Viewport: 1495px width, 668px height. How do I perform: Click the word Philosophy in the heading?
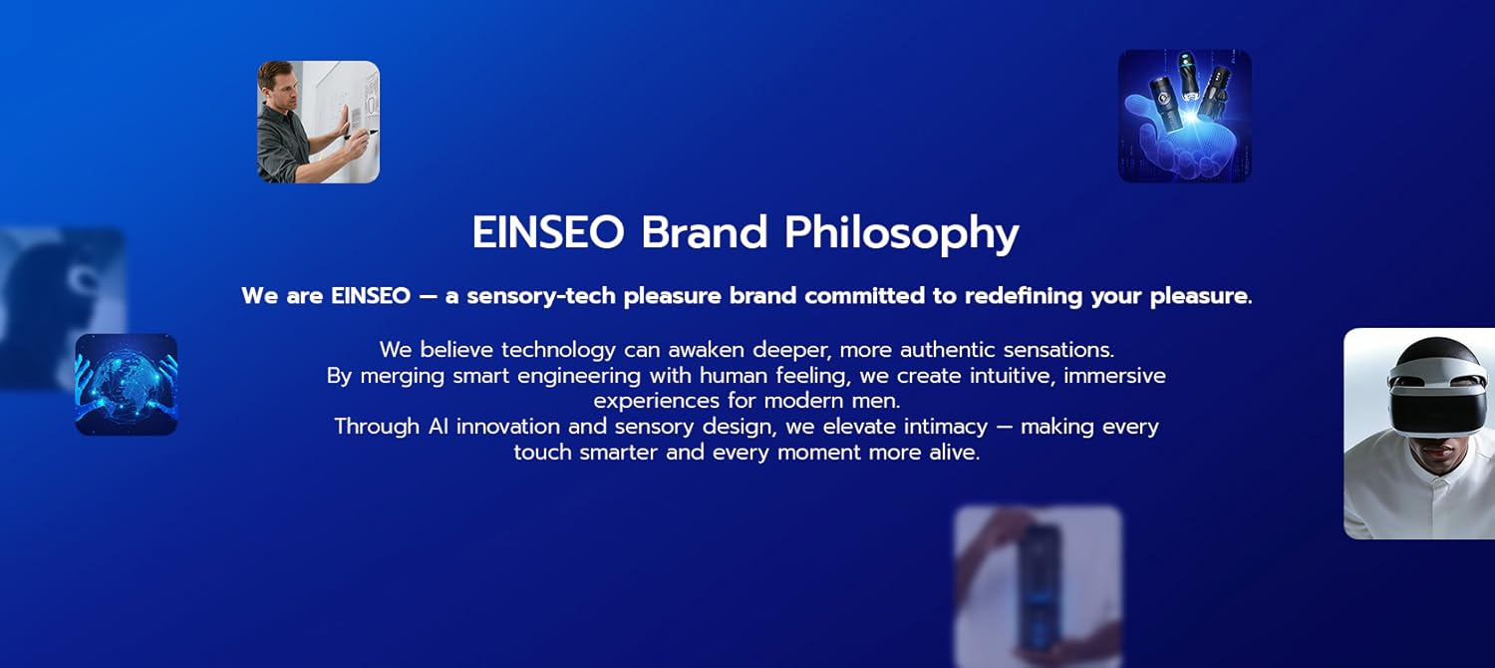point(901,234)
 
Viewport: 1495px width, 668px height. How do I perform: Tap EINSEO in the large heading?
point(547,232)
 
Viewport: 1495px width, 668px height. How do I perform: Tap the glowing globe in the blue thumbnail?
point(126,384)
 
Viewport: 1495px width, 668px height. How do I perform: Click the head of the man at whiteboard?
point(277,80)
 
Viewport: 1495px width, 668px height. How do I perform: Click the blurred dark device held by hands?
point(1036,583)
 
